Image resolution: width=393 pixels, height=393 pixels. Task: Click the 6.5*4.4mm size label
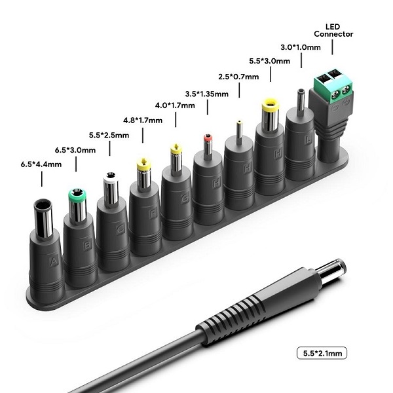tap(41, 164)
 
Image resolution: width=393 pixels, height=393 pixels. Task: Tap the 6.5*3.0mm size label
tap(75, 150)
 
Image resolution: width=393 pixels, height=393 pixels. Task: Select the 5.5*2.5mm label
tap(109, 136)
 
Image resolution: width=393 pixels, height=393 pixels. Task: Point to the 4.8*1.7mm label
tap(143, 121)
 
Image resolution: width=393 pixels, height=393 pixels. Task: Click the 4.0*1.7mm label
tap(175, 105)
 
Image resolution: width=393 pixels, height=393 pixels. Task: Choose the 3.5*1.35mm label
tap(207, 94)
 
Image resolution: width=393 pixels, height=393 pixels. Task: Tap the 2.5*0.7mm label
tap(238, 77)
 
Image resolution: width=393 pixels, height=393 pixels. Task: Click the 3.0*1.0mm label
tap(301, 47)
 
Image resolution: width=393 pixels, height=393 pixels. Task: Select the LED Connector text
tap(333, 30)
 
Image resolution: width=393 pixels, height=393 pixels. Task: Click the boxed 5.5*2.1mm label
tap(322, 353)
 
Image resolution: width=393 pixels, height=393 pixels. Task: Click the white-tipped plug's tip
tap(111, 177)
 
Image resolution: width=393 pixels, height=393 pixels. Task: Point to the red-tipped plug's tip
tap(208, 138)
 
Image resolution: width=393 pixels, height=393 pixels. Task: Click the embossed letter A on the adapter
tap(54, 261)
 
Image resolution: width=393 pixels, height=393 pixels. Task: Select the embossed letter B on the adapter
tap(88, 244)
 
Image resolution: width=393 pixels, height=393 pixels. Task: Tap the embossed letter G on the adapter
tap(185, 198)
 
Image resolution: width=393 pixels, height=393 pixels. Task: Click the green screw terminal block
tap(333, 87)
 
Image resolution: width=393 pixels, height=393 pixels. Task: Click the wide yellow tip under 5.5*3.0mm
tap(271, 106)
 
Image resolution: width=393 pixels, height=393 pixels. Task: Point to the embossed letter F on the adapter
tap(153, 214)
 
